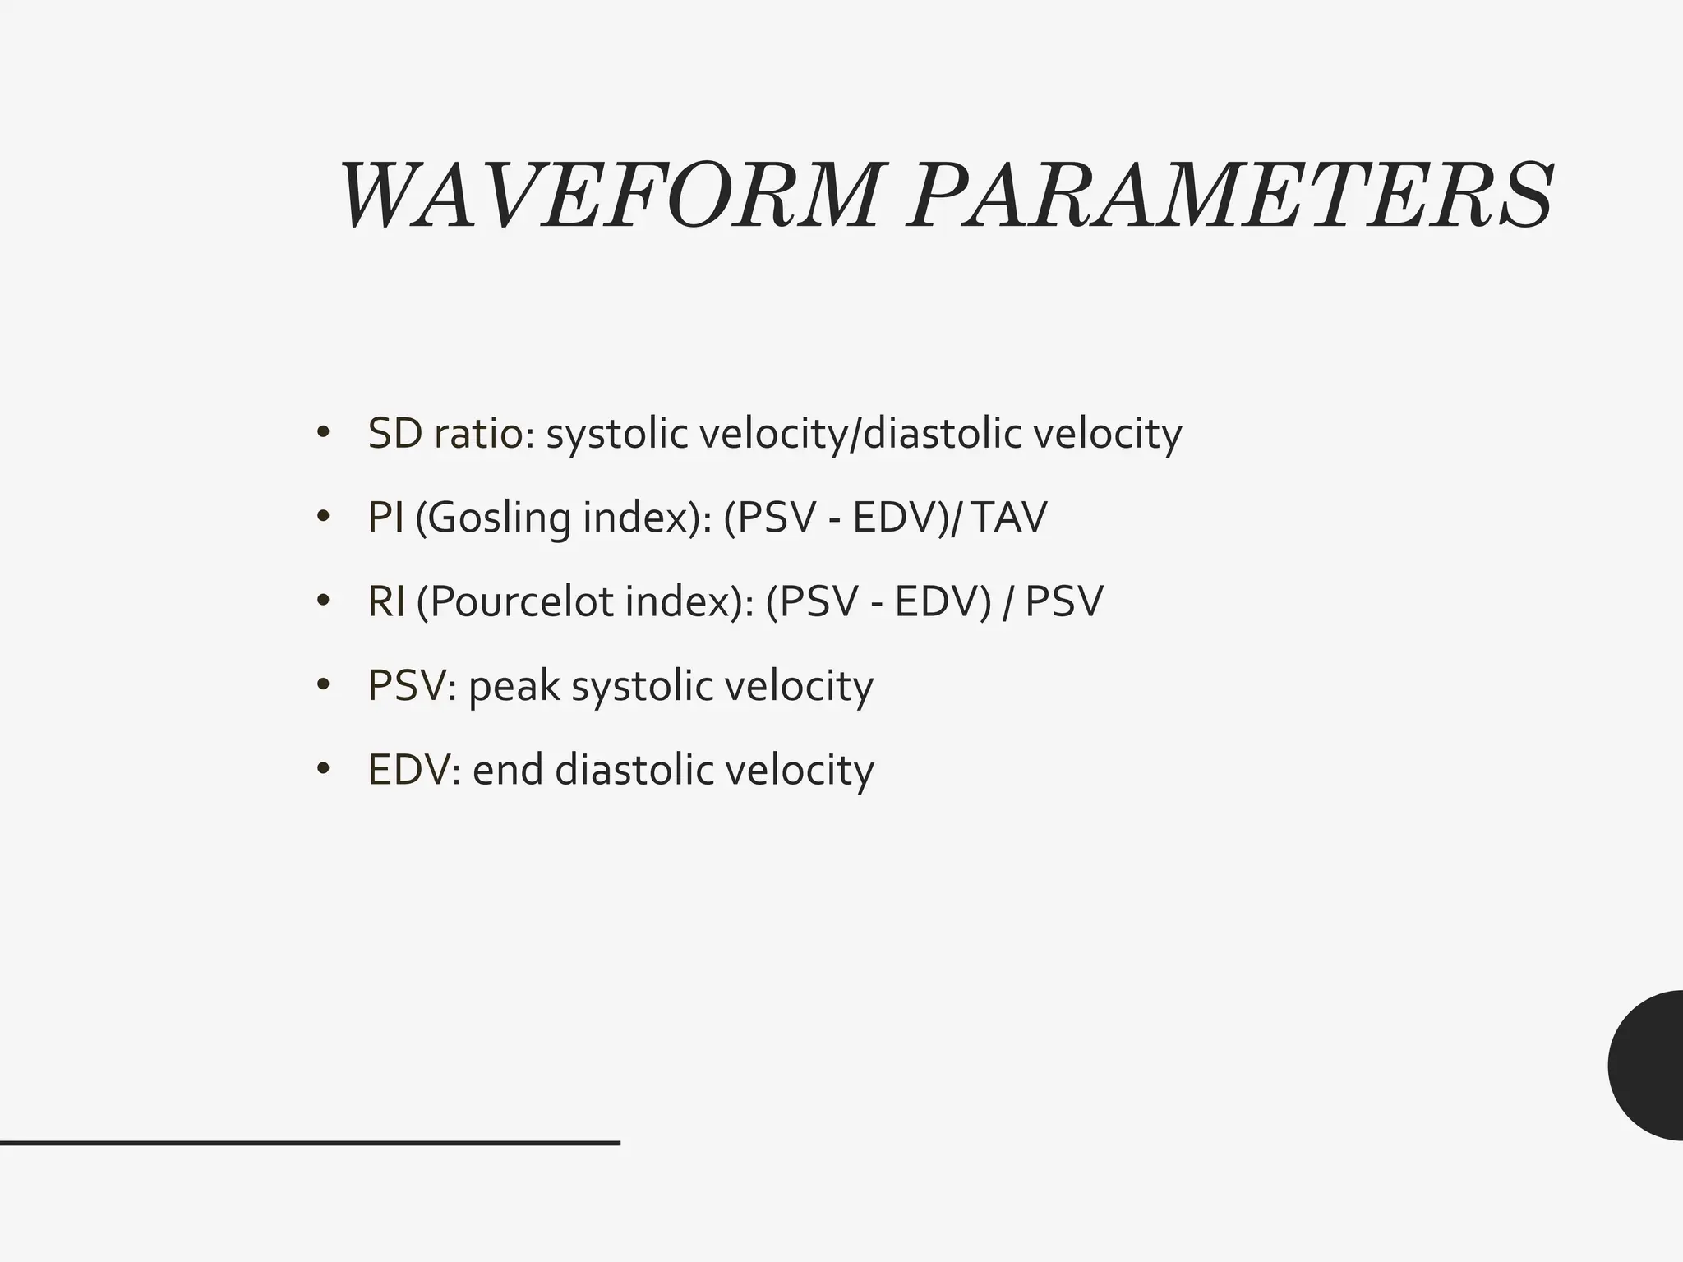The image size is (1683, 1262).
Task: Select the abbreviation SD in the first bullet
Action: pyautogui.click(x=395, y=433)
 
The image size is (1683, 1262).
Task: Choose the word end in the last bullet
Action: pyautogui.click(x=508, y=770)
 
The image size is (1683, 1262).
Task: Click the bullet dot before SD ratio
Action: pyautogui.click(x=323, y=432)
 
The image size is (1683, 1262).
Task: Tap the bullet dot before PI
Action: pyautogui.click(x=323, y=517)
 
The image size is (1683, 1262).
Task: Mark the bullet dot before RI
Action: pyautogui.click(x=323, y=601)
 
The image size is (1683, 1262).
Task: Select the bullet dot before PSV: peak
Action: pyautogui.click(x=323, y=684)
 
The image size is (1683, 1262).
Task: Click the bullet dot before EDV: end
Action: pyautogui.click(x=323, y=769)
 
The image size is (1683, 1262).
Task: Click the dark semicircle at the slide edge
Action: pyautogui.click(x=1650, y=1065)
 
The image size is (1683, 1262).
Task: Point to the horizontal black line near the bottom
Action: pyautogui.click(x=310, y=1142)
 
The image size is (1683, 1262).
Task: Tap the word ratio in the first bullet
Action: pyautogui.click(x=484, y=433)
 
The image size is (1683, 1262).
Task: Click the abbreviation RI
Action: pyautogui.click(x=386, y=601)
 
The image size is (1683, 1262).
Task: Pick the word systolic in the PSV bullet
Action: pyautogui.click(x=642, y=686)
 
